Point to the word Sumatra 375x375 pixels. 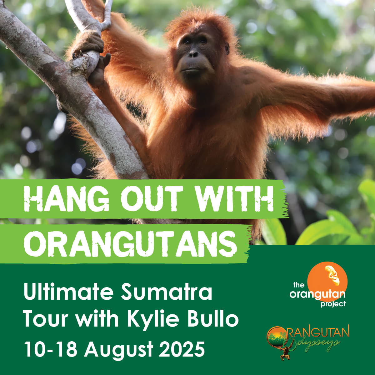(166, 292)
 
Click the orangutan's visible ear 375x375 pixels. (227, 48)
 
